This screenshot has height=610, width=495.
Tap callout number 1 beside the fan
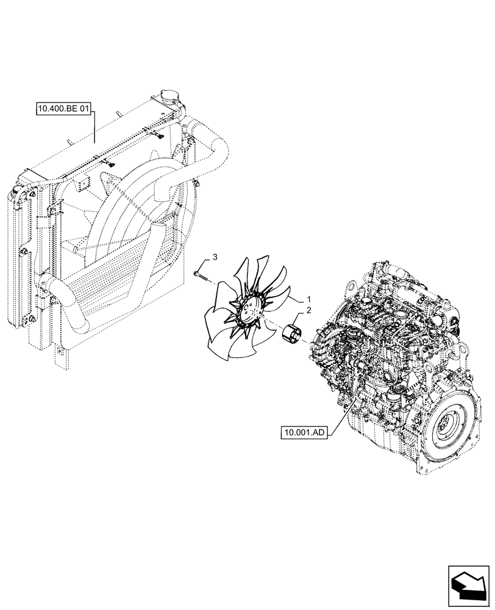pos(308,300)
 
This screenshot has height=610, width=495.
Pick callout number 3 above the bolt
pos(214,257)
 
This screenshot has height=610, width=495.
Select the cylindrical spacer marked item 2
pos(292,335)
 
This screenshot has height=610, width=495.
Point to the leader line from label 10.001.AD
pos(341,415)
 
